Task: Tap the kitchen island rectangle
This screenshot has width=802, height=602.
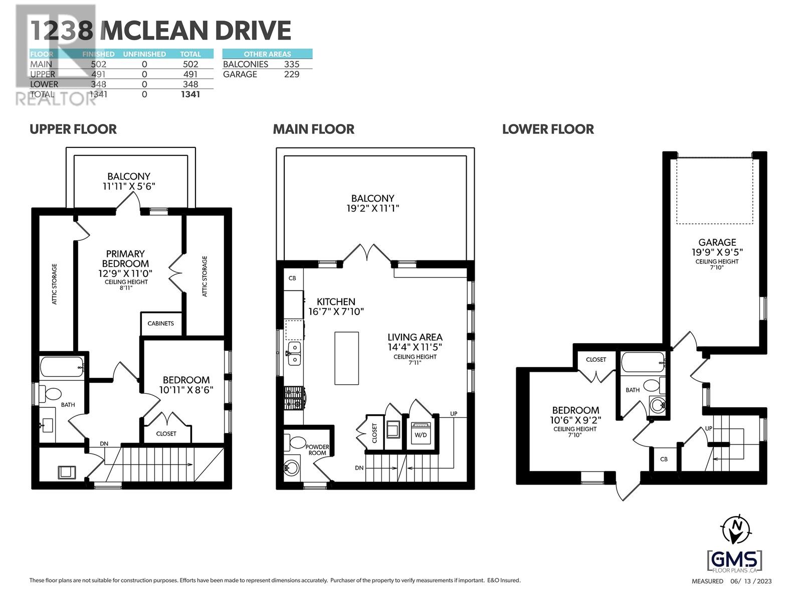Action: pos(346,358)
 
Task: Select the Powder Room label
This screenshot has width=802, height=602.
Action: pos(317,449)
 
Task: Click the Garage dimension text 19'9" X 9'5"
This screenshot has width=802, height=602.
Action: pos(717,252)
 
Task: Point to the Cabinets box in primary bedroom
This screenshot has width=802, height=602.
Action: pos(160,324)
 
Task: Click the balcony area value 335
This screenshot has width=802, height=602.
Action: pos(291,64)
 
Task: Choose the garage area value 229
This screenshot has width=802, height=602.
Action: pos(291,74)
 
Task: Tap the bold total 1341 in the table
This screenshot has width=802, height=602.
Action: pos(190,94)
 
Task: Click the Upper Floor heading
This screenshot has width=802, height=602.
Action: pos(73,129)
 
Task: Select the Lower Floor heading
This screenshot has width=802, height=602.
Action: pos(548,129)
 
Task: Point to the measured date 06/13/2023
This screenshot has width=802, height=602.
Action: pos(751,581)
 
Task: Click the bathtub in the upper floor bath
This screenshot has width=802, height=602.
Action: pos(62,367)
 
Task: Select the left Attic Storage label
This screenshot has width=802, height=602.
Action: pos(55,284)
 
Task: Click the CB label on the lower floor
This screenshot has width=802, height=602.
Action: pos(664,459)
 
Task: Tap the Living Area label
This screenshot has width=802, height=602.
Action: pos(415,337)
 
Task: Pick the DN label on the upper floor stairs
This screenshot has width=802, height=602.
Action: pos(104,443)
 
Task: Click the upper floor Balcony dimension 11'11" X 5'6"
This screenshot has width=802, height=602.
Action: pos(129,186)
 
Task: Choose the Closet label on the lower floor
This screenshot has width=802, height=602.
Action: pos(595,359)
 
